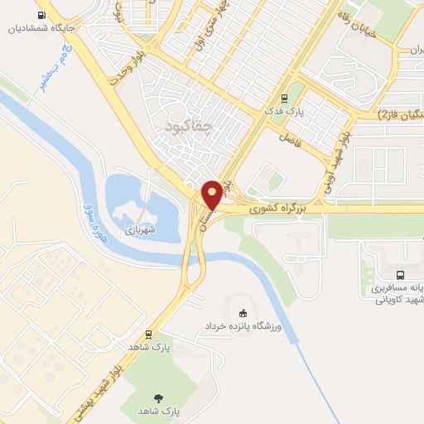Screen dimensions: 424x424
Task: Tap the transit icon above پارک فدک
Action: pyautogui.click(x=284, y=97)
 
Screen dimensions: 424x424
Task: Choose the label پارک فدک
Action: pyautogui.click(x=284, y=110)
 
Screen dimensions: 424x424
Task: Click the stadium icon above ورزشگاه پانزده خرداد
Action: pyautogui.click(x=242, y=313)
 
